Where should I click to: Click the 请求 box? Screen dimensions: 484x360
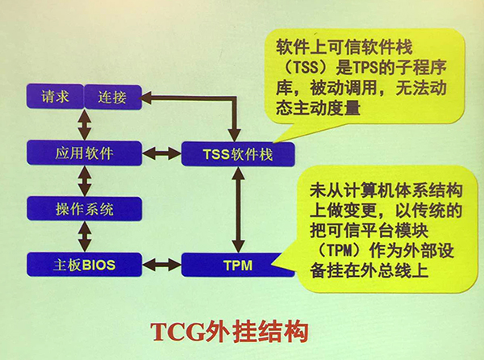55,96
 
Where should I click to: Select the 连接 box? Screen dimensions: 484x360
113,97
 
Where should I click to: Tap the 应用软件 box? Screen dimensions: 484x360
84,153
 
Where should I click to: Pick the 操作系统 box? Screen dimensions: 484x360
84,209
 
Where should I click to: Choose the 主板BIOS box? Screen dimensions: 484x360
84,265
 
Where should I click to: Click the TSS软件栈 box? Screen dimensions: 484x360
238,153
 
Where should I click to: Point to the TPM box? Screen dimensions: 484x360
238,265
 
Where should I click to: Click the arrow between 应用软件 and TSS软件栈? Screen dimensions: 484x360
161,153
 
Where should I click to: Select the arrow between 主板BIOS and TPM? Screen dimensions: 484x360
161,265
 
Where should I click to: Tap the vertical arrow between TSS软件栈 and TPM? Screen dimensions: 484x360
238,210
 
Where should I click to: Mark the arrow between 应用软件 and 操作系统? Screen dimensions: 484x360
84,181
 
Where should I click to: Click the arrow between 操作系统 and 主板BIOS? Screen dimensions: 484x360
84,237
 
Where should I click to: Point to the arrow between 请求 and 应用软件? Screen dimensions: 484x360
84,125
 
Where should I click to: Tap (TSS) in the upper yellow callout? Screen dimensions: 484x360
305,67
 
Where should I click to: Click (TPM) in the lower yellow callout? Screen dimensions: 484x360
339,250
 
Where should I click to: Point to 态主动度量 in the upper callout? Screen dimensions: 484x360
319,108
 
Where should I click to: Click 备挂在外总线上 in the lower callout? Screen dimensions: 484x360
369,270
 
